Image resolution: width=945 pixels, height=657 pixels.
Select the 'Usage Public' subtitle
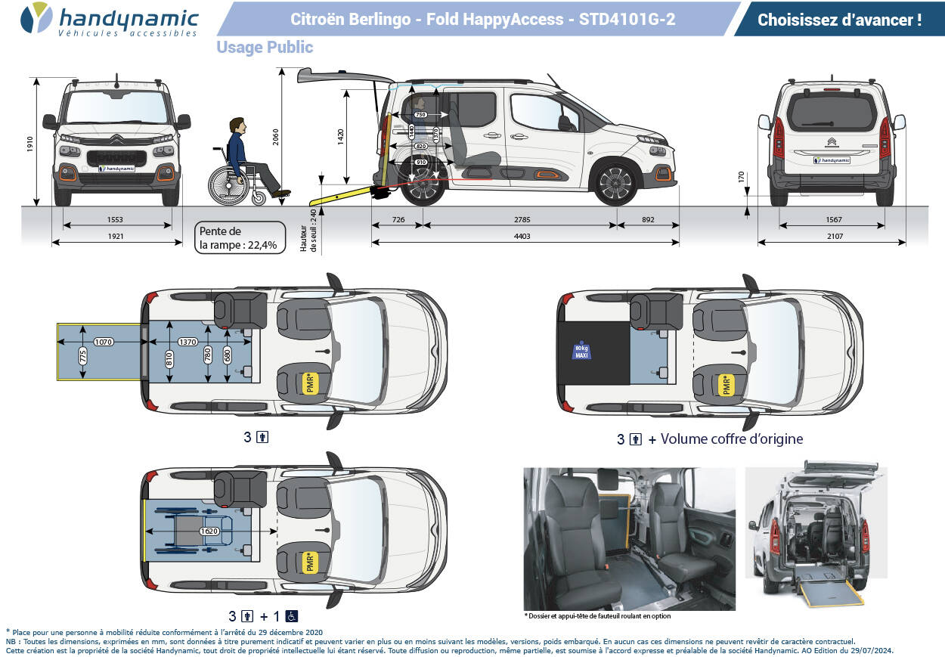point(265,48)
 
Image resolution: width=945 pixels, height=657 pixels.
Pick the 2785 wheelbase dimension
point(522,220)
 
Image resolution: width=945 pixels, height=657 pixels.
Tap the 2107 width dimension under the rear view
point(831,237)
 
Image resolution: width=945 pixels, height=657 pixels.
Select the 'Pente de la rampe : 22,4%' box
point(239,237)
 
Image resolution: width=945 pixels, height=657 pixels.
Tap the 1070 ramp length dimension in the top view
point(104,342)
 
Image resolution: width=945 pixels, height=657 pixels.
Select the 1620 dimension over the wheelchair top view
point(210,531)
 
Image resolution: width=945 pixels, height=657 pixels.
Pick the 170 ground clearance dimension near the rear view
point(742,178)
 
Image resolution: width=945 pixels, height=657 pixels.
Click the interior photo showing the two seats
point(629,538)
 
